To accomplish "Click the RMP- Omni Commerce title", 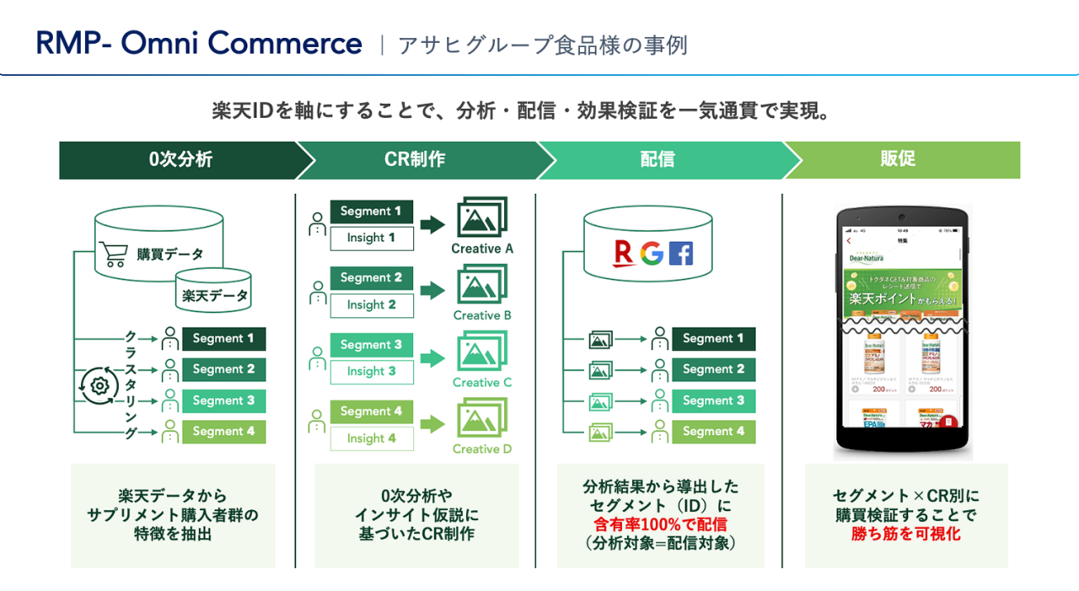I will click(199, 43).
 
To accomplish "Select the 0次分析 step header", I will click(180, 159).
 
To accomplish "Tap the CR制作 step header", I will click(415, 159).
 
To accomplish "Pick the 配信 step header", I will click(658, 159).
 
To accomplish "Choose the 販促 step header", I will click(898, 159).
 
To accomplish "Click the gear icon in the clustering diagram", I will click(99, 385).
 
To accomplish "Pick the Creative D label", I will click(482, 449).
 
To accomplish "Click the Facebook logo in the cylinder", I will click(681, 253).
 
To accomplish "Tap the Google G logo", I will click(652, 253).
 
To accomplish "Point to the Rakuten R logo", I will click(625, 253).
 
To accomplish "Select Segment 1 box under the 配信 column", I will click(713, 339).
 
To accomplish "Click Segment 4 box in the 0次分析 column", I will click(223, 432).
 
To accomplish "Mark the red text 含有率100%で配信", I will click(660, 524).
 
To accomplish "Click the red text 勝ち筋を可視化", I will click(906, 534).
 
